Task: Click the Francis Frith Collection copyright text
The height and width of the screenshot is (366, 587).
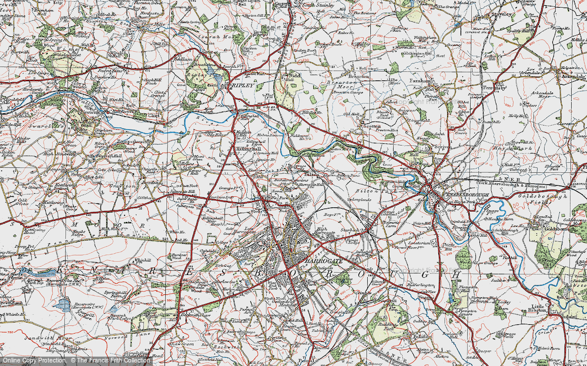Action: click(x=112, y=360)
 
